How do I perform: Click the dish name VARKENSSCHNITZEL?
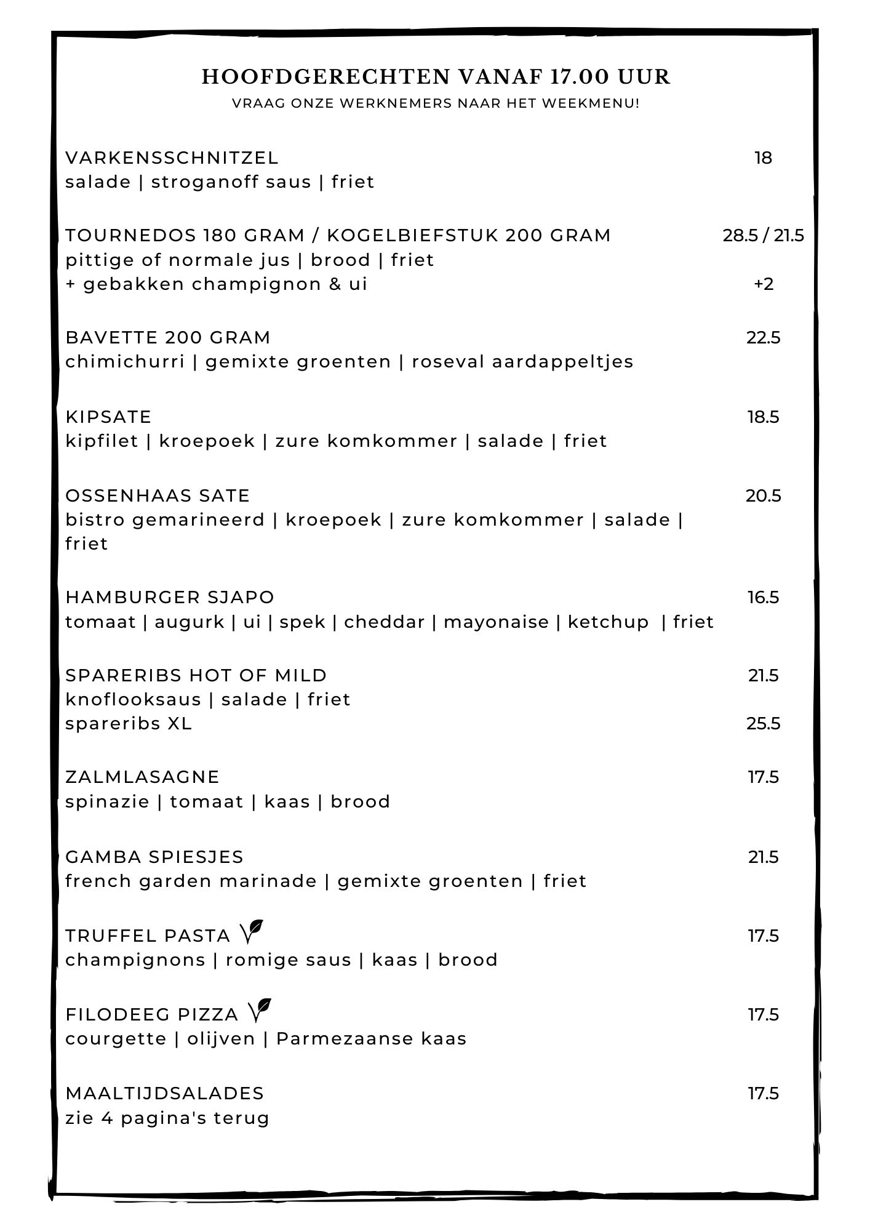(172, 158)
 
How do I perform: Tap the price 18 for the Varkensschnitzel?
(763, 158)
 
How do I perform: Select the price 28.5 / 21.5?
(763, 236)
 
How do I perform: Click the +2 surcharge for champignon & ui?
(763, 284)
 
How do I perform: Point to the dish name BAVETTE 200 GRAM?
(168, 338)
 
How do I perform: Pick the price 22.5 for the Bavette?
(763, 338)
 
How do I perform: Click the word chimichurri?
(125, 362)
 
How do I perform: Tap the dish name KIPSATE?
(108, 417)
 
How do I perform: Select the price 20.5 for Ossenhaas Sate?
(763, 496)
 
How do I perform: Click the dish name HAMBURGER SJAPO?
(170, 598)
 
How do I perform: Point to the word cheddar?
(384, 622)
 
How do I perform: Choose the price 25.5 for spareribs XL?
(763, 724)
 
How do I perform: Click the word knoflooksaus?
(133, 700)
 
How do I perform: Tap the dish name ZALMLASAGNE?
(142, 777)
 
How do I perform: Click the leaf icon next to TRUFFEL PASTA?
(252, 932)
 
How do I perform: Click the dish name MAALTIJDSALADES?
(164, 1094)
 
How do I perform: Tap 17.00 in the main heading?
(579, 77)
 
